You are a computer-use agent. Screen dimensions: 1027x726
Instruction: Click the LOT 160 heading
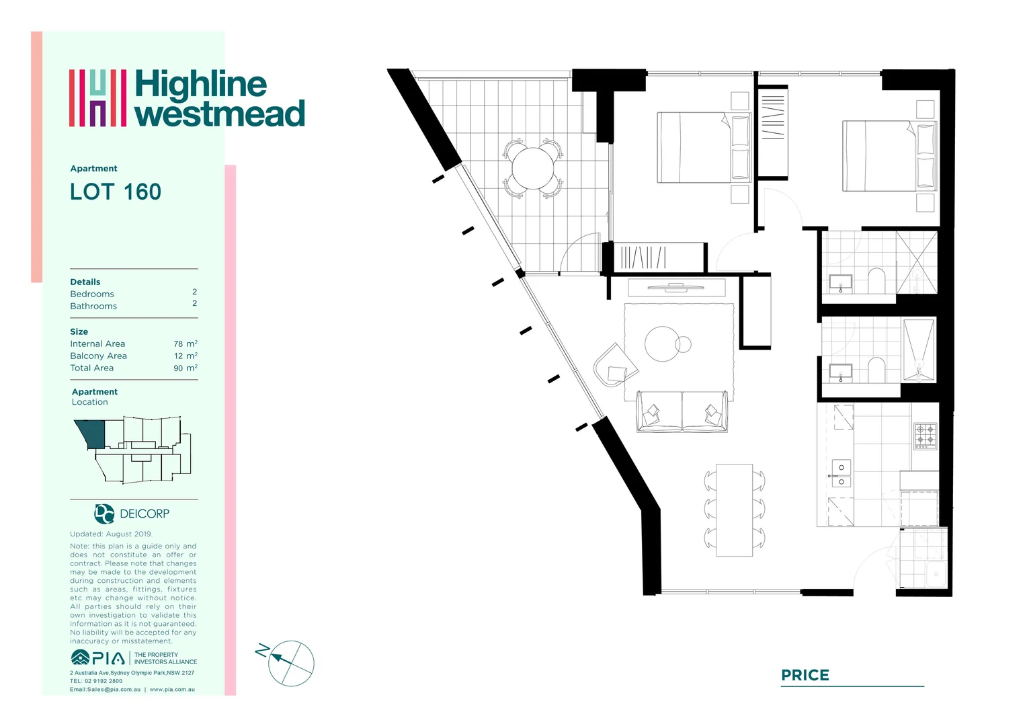(116, 192)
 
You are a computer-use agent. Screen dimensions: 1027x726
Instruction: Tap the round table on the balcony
(533, 168)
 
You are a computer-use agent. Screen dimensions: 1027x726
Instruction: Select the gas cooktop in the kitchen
(926, 436)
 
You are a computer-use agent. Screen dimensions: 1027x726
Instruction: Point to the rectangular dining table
(734, 510)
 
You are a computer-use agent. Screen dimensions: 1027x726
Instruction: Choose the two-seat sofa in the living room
(682, 411)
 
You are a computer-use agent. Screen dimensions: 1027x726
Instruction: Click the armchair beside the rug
(615, 364)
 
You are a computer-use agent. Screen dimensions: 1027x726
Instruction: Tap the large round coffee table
(662, 344)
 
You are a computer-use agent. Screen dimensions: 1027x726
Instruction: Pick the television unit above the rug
(676, 288)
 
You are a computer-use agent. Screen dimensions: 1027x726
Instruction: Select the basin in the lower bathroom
(840, 372)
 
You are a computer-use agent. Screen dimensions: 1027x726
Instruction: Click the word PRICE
(805, 675)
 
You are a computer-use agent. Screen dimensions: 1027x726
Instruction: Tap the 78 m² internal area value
(186, 344)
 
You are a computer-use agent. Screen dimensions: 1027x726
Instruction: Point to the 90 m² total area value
(186, 368)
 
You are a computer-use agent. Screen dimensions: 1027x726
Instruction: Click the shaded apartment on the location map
(93, 434)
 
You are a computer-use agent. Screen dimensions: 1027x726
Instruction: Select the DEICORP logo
(132, 514)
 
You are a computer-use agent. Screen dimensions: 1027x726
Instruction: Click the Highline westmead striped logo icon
(97, 97)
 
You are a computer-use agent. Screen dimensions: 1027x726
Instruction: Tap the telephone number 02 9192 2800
(104, 681)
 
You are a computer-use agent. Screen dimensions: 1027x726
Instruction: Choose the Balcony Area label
(99, 356)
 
